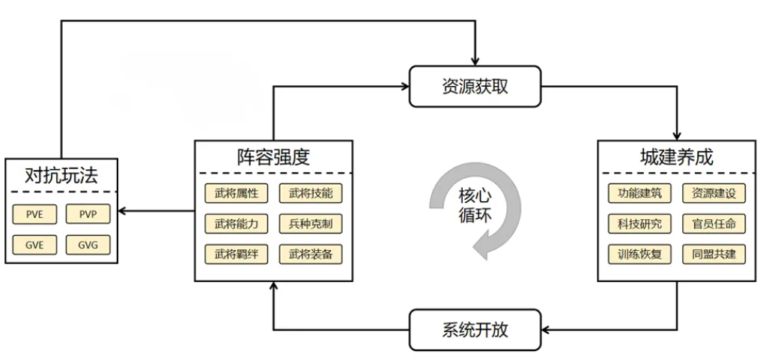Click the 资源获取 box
(x=475, y=86)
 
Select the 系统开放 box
(x=475, y=330)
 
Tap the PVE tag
(x=34, y=213)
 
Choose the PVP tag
(x=88, y=213)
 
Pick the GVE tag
(x=34, y=245)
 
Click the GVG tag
(x=88, y=245)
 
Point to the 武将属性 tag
(x=236, y=193)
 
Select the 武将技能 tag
(x=310, y=193)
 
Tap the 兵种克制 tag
(x=310, y=224)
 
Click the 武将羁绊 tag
(x=236, y=254)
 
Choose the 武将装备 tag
(x=310, y=254)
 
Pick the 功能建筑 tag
(x=639, y=193)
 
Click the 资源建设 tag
(x=714, y=193)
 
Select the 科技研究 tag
(x=639, y=224)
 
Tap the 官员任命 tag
(x=714, y=224)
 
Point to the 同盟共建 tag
(x=714, y=254)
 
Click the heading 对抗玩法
(x=61, y=176)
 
